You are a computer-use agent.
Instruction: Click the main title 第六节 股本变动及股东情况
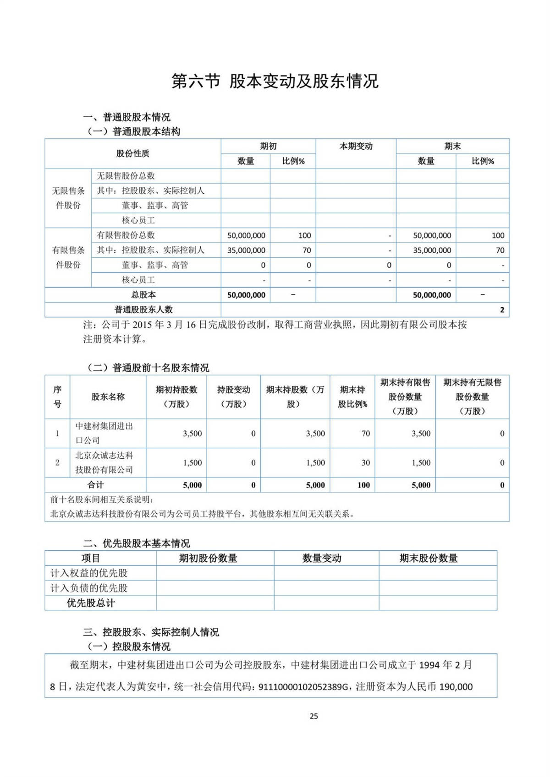click(275, 81)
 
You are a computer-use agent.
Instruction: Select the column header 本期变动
click(356, 147)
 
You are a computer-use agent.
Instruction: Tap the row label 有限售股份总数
click(126, 235)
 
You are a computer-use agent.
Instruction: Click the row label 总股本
click(143, 295)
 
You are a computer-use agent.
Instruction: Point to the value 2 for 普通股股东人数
click(502, 310)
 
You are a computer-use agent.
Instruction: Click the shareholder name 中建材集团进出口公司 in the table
click(104, 433)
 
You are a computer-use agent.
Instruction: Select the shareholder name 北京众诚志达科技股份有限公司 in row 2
click(104, 462)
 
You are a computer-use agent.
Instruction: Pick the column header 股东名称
click(108, 397)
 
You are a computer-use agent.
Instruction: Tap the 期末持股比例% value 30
click(365, 463)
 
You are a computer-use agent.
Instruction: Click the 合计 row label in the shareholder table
click(95, 485)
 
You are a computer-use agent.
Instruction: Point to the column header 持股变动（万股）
click(233, 397)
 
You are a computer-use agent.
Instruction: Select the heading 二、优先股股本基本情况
click(137, 543)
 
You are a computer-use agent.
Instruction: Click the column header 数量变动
click(322, 558)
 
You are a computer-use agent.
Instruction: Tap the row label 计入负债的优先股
click(89, 588)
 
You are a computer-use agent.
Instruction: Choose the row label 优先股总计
click(91, 603)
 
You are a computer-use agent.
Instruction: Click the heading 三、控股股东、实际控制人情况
click(151, 632)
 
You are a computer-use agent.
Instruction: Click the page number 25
click(313, 716)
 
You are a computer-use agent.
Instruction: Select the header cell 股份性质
click(132, 154)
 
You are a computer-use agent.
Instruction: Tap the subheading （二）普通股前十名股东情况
click(148, 368)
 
